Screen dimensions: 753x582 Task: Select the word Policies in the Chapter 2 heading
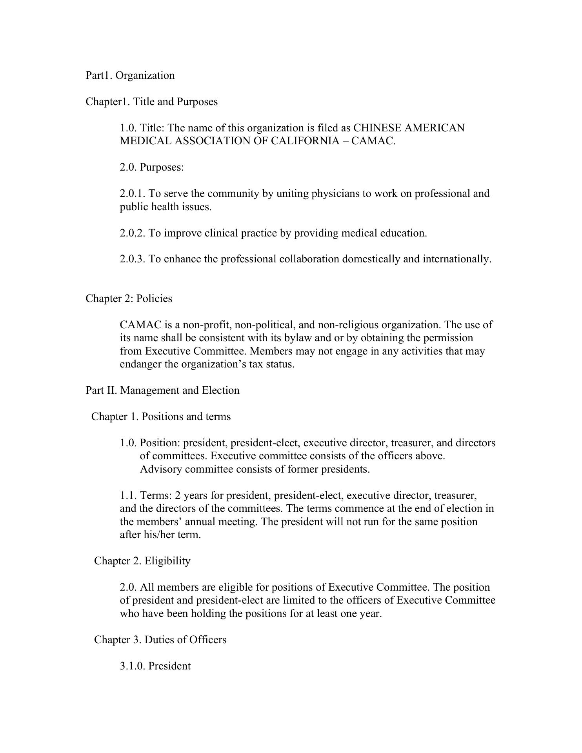[154, 299]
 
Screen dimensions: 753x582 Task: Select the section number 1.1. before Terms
[128, 496]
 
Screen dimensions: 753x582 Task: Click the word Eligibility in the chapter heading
[167, 561]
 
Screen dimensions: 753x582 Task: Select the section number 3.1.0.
[133, 666]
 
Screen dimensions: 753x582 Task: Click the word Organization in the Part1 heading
[145, 76]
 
